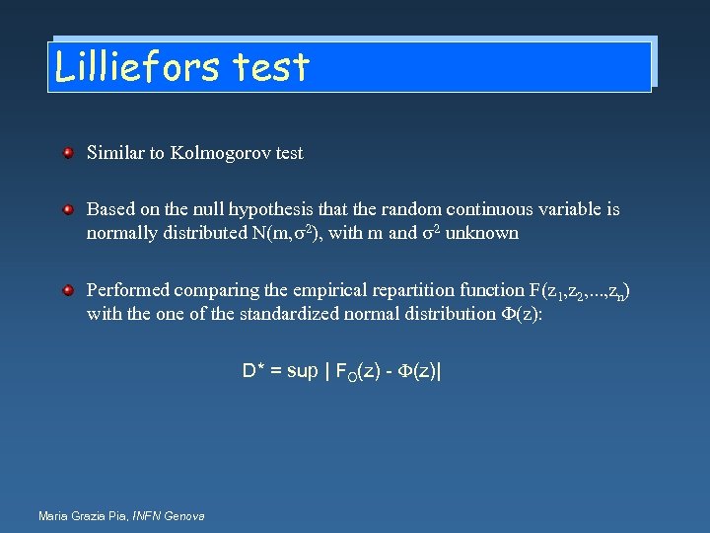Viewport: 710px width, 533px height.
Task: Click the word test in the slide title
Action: click(272, 66)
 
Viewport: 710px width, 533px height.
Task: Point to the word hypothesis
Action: click(271, 210)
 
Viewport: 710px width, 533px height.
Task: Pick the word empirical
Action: click(334, 290)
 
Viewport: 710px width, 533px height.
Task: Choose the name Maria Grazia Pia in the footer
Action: click(80, 515)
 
